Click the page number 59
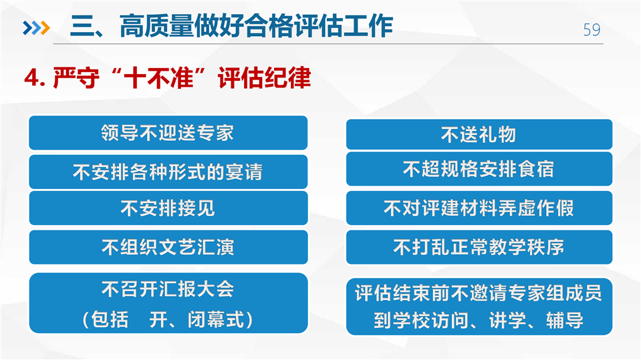click(592, 29)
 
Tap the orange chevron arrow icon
click(45, 28)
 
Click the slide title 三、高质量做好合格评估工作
click(231, 26)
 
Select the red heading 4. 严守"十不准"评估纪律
click(168, 77)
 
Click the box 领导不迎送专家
click(168, 133)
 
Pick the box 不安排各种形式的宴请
click(168, 172)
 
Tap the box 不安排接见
click(168, 208)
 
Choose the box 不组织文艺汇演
click(168, 247)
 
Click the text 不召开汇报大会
click(168, 289)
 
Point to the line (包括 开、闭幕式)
click(168, 319)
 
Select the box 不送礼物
click(479, 134)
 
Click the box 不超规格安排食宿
click(479, 169)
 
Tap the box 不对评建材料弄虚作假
click(479, 208)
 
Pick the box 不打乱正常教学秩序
click(479, 247)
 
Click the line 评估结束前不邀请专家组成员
click(479, 293)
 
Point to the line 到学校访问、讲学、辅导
click(479, 320)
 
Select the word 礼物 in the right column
click(498, 134)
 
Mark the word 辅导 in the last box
click(565, 320)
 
